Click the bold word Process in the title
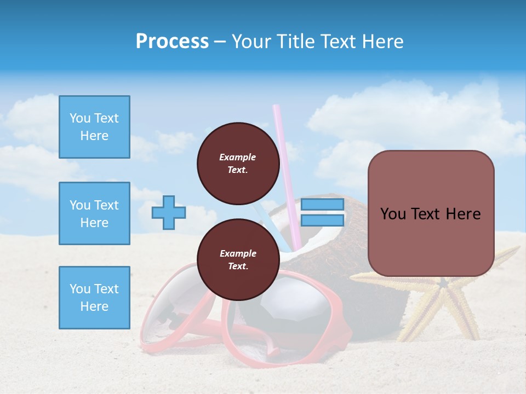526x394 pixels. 172,41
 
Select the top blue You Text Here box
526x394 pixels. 94,127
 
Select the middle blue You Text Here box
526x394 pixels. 94,213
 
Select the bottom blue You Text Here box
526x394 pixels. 94,298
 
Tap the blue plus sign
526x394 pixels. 169,212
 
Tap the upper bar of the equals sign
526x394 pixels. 322,205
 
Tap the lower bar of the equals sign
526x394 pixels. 322,220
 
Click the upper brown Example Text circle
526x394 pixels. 238,163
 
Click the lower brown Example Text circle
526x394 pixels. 238,259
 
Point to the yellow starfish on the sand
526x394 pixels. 444,301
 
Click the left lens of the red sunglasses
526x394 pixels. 175,306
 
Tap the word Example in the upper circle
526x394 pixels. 238,157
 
